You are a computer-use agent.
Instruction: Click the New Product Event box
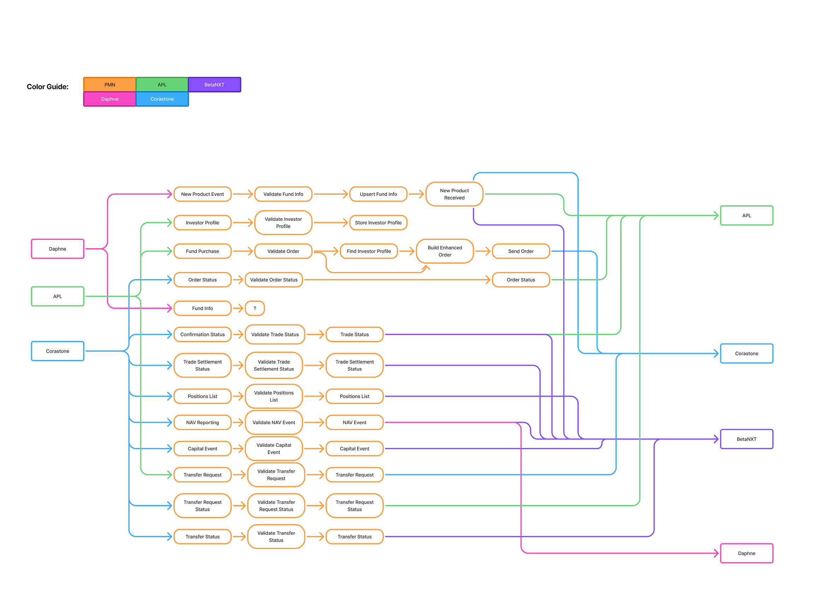(202, 194)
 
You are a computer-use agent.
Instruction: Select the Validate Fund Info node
(283, 194)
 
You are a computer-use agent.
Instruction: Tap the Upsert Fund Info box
(378, 194)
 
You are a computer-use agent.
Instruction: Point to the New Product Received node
(454, 194)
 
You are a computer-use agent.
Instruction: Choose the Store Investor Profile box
(378, 223)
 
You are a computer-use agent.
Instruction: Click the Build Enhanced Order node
(445, 251)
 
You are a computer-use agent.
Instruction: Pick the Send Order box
(521, 251)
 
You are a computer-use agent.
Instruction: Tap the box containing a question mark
(255, 308)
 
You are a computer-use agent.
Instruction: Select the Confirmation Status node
(202, 334)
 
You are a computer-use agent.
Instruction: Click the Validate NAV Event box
(274, 422)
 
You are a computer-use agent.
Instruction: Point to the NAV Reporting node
(202, 422)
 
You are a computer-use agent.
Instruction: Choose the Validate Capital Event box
(274, 448)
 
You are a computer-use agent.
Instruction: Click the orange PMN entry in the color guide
(110, 84)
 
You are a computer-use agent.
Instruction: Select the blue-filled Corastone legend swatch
(162, 99)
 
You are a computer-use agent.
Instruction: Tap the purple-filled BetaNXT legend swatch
(214, 84)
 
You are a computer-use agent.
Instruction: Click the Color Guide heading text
(48, 86)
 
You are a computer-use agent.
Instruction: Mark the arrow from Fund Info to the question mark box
(238, 308)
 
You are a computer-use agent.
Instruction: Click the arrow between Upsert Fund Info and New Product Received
(416, 194)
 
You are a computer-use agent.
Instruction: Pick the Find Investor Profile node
(369, 251)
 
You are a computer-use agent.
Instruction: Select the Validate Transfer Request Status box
(276, 505)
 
